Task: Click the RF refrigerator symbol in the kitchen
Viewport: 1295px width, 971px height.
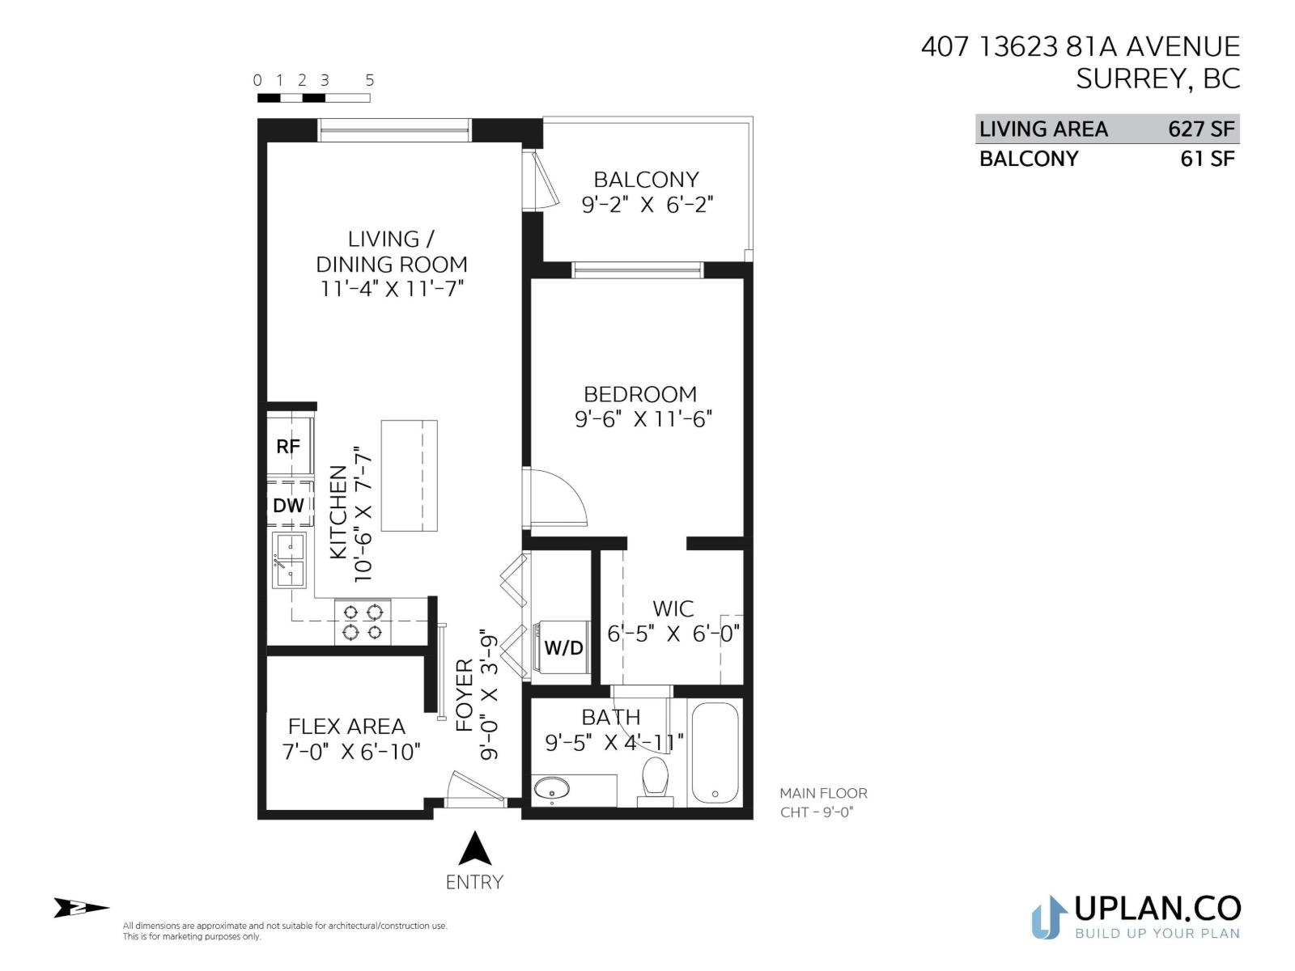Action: click(x=289, y=446)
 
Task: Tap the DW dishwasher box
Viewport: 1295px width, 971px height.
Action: click(x=289, y=505)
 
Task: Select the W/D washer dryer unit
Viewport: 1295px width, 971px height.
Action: click(x=563, y=647)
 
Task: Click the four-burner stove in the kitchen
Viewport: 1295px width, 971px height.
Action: click(x=363, y=622)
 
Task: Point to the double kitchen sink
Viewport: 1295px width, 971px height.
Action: click(x=289, y=560)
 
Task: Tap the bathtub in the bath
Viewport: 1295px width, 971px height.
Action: click(x=715, y=753)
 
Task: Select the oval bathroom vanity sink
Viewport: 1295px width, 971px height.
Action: click(x=553, y=787)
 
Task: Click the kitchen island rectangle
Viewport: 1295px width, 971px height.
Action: click(x=409, y=476)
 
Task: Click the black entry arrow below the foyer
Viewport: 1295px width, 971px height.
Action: click(x=475, y=850)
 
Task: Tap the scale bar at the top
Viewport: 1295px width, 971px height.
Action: click(x=313, y=98)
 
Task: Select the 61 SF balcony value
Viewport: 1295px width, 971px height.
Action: click(x=1207, y=159)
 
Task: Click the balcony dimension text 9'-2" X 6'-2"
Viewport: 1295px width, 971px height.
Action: click(x=647, y=205)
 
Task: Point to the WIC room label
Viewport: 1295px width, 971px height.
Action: click(x=673, y=608)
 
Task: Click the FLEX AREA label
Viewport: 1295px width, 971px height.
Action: click(x=346, y=726)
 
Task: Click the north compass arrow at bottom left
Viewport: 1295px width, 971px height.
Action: click(x=80, y=908)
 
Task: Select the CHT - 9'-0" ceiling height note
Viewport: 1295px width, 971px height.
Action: click(x=817, y=812)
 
